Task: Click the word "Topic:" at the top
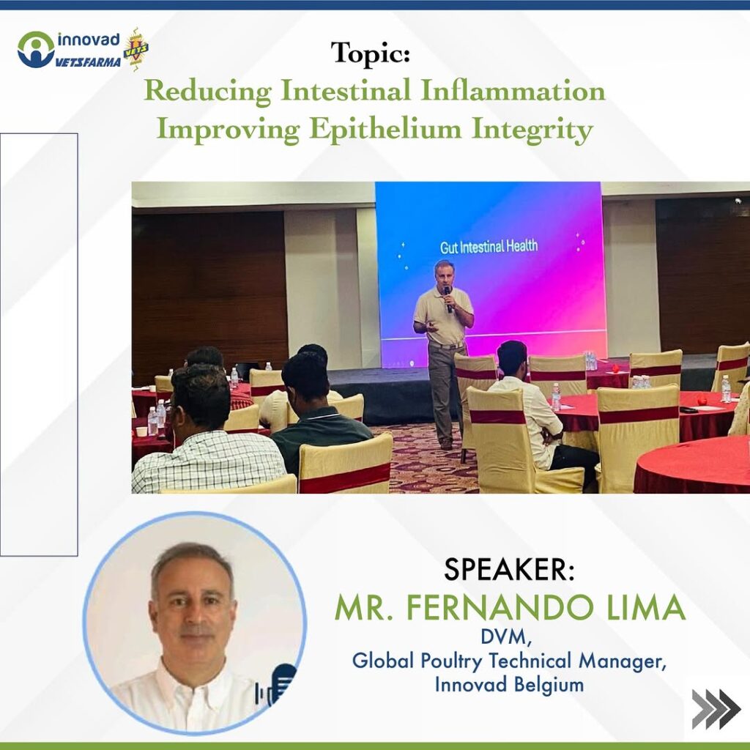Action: tap(370, 53)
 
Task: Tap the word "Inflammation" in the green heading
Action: tap(513, 91)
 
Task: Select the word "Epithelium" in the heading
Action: tap(385, 130)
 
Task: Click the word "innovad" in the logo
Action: tap(89, 40)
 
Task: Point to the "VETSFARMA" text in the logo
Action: tap(89, 62)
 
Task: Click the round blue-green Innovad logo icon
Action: tap(35, 49)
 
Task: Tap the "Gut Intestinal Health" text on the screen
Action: tap(489, 247)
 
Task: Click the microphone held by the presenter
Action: tap(448, 299)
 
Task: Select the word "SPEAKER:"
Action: tap(509, 570)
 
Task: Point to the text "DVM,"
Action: tap(507, 637)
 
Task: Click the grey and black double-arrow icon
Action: tap(716, 709)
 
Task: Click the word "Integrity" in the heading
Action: tap(532, 130)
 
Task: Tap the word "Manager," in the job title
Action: tap(623, 661)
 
